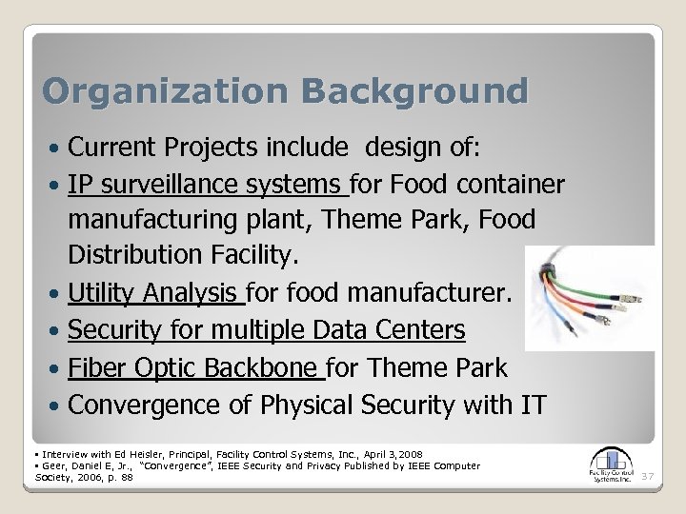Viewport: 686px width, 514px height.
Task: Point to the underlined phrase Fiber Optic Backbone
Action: point(197,368)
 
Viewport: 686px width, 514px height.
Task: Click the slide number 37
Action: point(647,474)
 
